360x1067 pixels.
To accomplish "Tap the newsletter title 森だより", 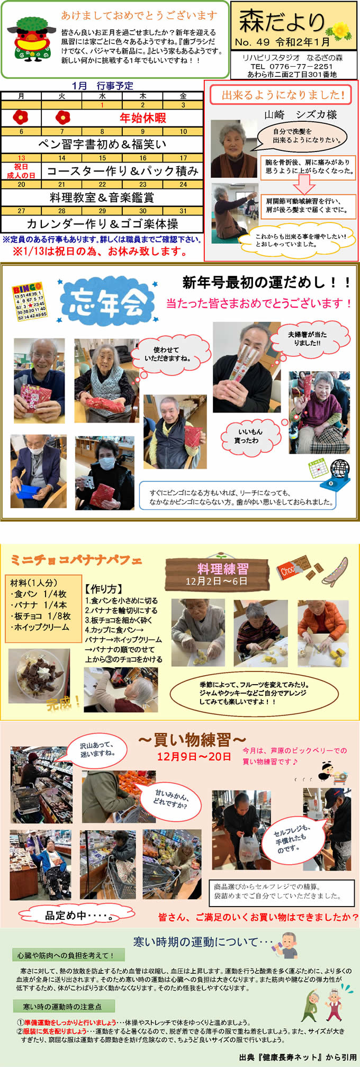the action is pos(282,22).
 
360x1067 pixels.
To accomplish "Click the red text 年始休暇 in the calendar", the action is pos(143,118).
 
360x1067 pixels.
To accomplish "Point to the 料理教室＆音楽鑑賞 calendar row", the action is pos(102,197).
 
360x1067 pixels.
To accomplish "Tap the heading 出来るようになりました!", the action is pos(283,95).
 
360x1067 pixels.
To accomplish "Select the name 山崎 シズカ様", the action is pos(301,114).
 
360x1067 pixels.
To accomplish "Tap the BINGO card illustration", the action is pos(30,302).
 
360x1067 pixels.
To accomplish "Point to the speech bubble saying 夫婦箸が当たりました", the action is pos(310,338).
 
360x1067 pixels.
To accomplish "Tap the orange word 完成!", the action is pos(64,703).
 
